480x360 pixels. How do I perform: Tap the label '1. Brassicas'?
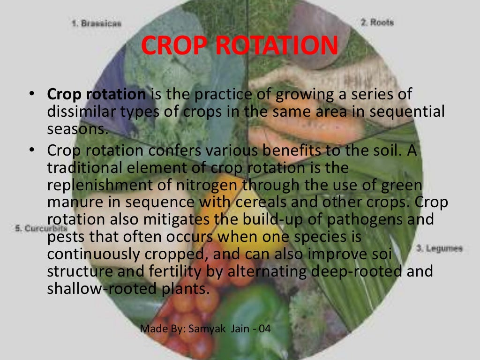(97, 23)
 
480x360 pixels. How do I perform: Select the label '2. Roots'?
(377, 22)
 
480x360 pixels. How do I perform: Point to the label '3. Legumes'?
(439, 248)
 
